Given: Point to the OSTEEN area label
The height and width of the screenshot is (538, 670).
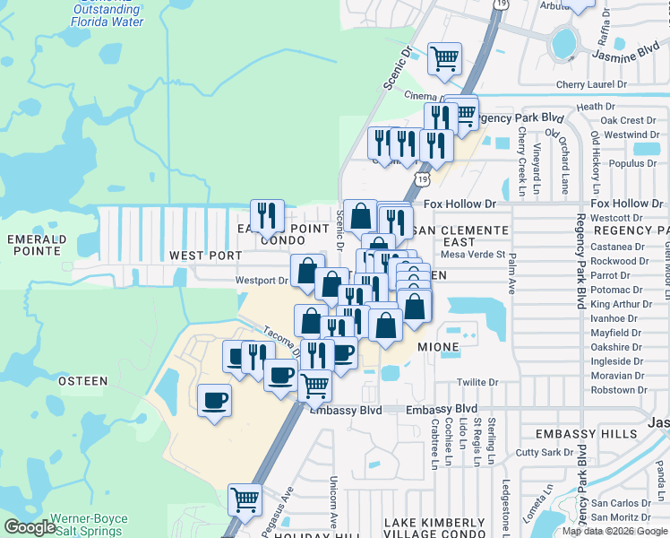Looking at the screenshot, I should click(x=83, y=381).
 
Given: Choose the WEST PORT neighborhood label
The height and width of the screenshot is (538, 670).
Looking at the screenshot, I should click(x=205, y=256).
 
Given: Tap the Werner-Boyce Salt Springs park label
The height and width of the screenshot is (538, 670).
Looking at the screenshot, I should click(x=89, y=525).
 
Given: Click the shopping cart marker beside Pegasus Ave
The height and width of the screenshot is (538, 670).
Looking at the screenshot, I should click(x=245, y=499).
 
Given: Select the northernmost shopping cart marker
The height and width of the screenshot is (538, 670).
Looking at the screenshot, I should click(x=445, y=58).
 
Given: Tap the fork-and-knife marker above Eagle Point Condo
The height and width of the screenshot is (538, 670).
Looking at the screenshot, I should click(x=267, y=215).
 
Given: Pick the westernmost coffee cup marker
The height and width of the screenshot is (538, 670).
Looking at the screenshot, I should click(x=215, y=399).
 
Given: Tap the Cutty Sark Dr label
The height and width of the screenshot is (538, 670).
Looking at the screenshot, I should click(x=537, y=453).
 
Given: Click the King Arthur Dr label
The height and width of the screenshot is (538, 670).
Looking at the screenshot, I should click(x=616, y=304).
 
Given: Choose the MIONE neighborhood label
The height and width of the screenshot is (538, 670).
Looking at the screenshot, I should click(x=438, y=346).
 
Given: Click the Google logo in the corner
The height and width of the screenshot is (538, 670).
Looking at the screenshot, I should click(x=30, y=528).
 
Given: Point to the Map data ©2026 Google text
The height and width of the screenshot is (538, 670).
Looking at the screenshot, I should click(x=614, y=531).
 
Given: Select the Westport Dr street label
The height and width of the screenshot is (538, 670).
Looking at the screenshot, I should click(x=262, y=281).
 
